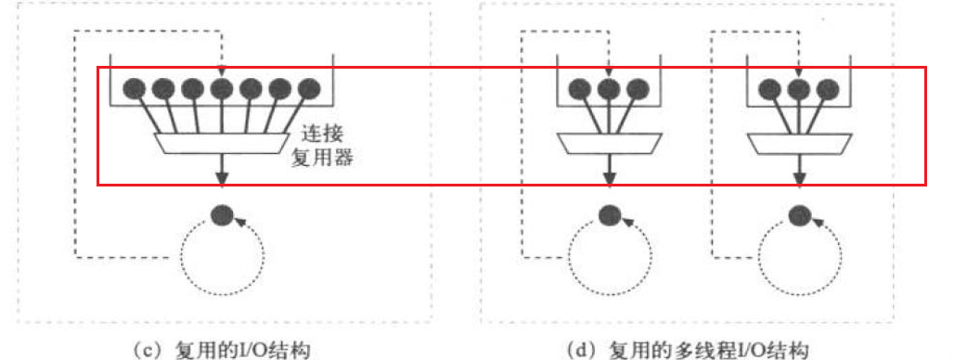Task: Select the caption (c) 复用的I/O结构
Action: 222,349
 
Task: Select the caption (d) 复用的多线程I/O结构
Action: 688,349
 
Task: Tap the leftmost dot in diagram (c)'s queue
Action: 135,89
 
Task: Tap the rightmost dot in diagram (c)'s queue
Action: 309,89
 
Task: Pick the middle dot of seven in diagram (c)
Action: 222,89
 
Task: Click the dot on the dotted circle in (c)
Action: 221,214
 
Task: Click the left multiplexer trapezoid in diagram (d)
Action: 609,143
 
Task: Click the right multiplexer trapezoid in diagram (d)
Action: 796,143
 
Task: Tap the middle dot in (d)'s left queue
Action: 609,89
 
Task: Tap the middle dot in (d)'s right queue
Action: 796,89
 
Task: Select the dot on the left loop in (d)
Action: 609,214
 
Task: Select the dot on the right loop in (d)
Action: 796,214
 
